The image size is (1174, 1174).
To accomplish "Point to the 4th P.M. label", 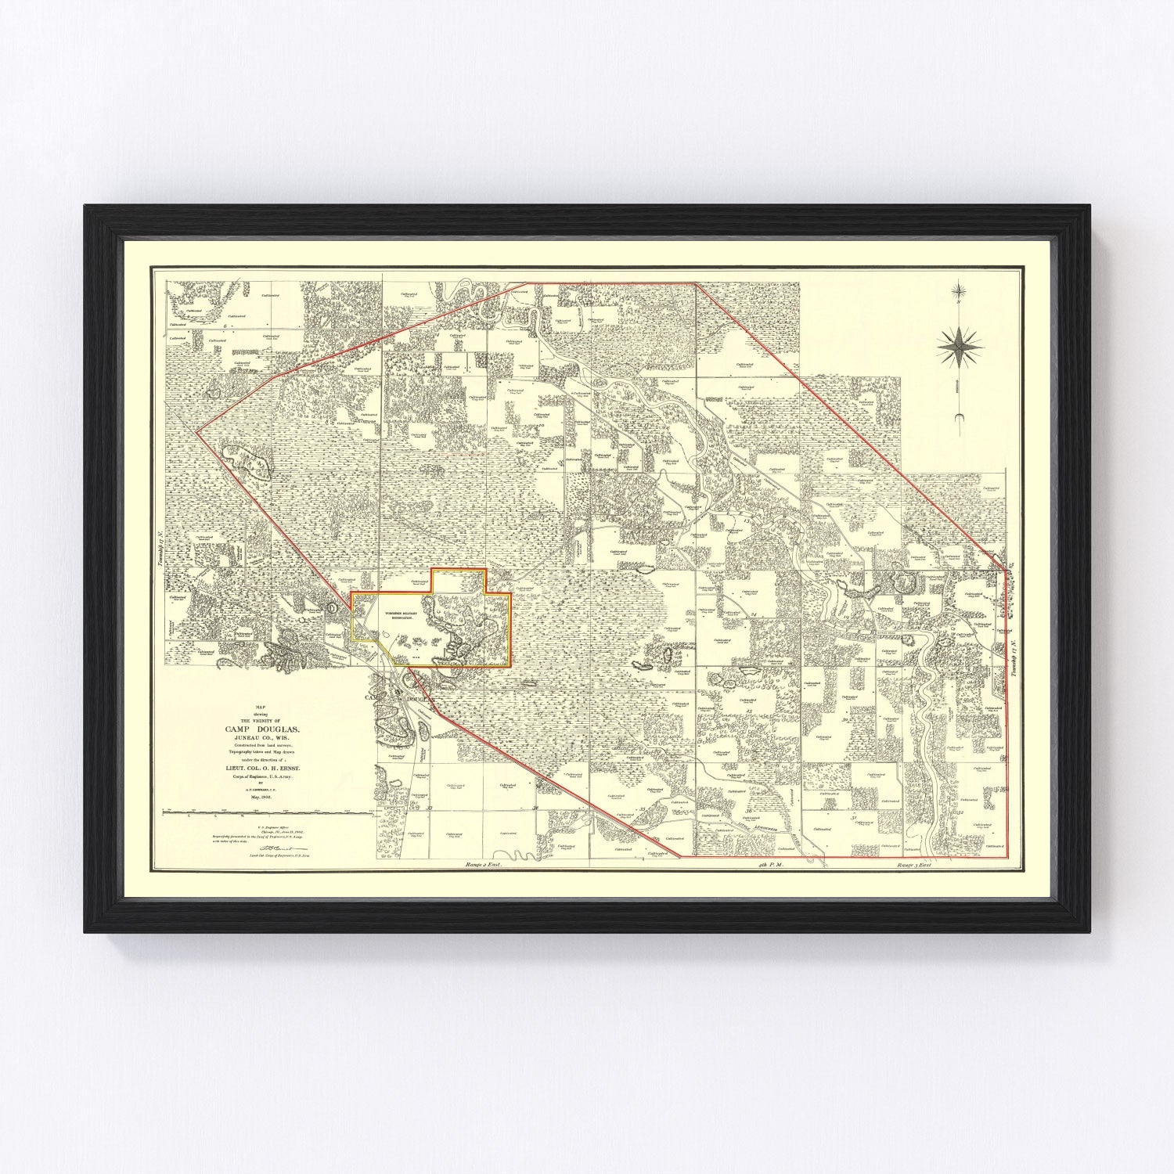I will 771,866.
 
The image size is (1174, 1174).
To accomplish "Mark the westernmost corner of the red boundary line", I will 196,430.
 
